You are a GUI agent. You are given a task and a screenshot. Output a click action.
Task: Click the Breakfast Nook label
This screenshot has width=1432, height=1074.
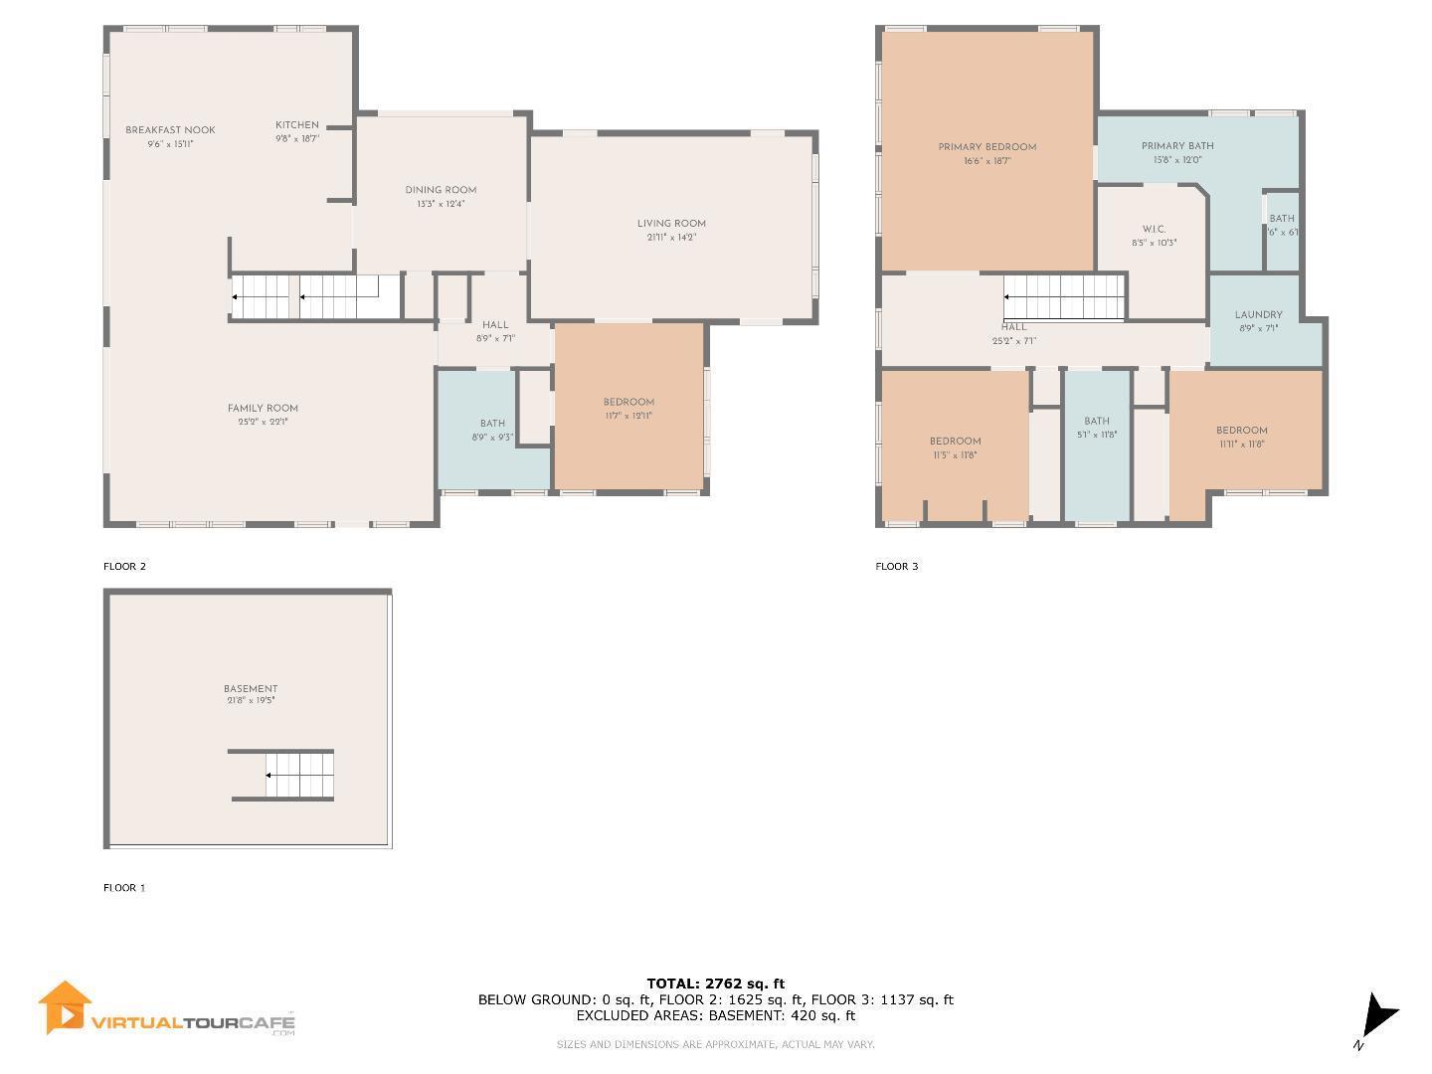(170, 130)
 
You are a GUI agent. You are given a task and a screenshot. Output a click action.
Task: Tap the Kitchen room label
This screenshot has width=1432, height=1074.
(296, 125)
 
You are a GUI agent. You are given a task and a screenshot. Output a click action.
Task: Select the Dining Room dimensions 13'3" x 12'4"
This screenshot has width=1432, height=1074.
(441, 204)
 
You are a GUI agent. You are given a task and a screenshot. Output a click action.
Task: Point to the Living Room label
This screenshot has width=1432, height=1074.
(671, 224)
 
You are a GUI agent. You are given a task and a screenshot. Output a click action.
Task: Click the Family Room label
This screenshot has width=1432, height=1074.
(263, 408)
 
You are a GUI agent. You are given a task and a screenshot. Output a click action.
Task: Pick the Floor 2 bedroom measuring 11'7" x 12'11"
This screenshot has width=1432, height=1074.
(628, 409)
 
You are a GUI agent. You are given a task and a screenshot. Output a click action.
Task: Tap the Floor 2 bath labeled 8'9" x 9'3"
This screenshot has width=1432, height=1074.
(492, 430)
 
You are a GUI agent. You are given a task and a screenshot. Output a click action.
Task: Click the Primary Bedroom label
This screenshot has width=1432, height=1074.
(986, 147)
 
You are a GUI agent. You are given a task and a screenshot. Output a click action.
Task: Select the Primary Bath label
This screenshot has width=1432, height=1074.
(1177, 146)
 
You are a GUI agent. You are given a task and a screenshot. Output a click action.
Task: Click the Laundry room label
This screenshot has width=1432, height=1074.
(1258, 315)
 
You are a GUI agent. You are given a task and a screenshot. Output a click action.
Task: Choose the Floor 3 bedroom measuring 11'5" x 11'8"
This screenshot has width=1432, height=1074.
(955, 447)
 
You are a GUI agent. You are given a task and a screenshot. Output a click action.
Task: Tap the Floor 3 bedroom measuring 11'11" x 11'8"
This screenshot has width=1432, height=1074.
(1242, 437)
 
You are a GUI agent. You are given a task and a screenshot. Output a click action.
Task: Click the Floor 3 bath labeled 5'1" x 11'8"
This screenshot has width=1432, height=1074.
(1097, 428)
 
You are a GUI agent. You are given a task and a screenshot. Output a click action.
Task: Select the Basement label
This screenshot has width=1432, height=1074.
(251, 688)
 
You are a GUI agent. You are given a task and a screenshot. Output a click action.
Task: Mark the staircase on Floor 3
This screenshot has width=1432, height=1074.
(1064, 296)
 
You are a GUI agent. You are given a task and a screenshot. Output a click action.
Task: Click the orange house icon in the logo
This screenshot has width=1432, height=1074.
(65, 1008)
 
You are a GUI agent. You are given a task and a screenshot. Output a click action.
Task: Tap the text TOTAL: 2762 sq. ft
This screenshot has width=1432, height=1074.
(715, 984)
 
